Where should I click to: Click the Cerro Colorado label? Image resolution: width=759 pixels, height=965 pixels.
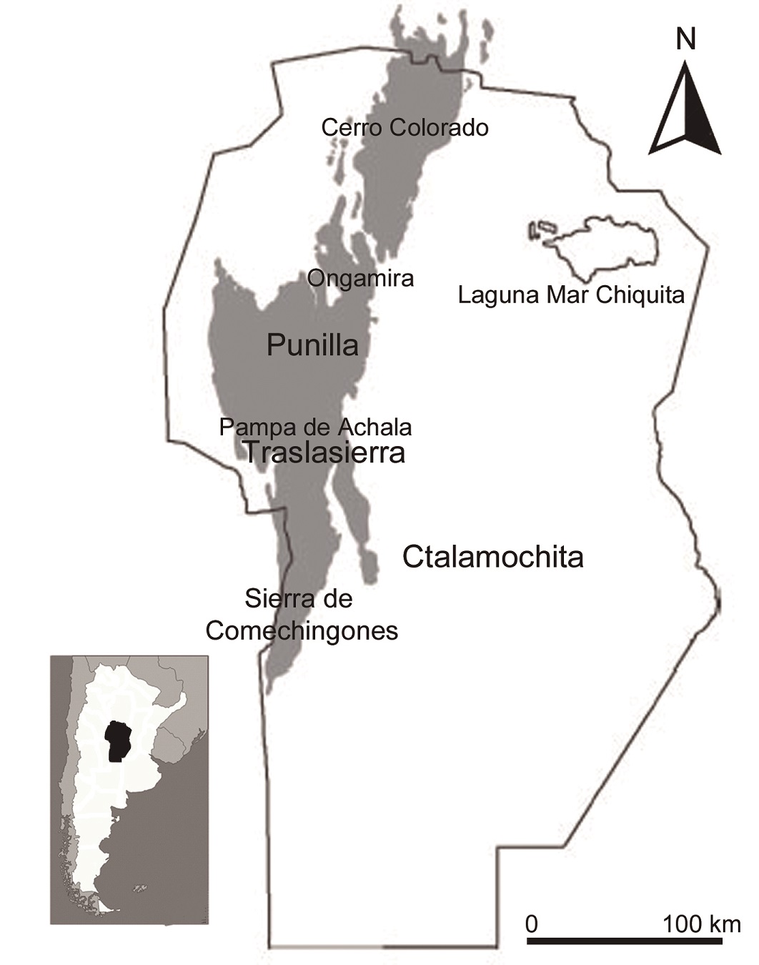405,127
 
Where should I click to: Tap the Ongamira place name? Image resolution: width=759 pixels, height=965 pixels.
360,277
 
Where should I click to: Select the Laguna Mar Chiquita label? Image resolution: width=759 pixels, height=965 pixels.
571,295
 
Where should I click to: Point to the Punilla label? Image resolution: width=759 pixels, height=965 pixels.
312,346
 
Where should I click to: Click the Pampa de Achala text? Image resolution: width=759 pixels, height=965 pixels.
315,427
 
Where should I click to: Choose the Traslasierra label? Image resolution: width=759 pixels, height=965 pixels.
324,452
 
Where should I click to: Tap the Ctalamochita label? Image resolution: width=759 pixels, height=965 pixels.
492,557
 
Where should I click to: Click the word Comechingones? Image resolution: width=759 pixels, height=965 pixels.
302,631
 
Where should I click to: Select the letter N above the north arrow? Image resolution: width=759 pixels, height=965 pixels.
685,40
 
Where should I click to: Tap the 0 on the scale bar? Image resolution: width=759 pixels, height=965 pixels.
531,924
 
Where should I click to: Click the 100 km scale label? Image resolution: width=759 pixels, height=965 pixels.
701,924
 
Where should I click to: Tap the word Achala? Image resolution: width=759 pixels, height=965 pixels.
378,427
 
